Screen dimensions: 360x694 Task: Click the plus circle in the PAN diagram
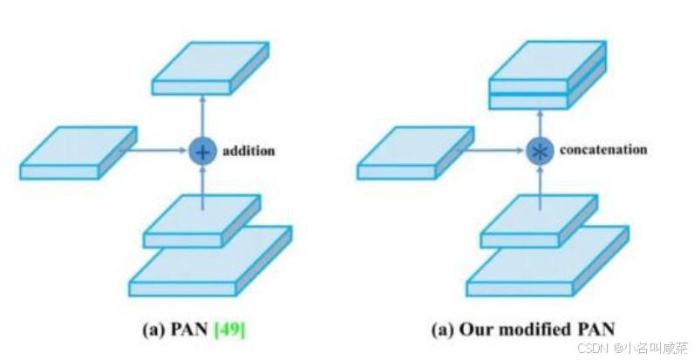pyautogui.click(x=202, y=151)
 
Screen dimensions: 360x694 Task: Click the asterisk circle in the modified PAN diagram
pyautogui.click(x=541, y=151)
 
